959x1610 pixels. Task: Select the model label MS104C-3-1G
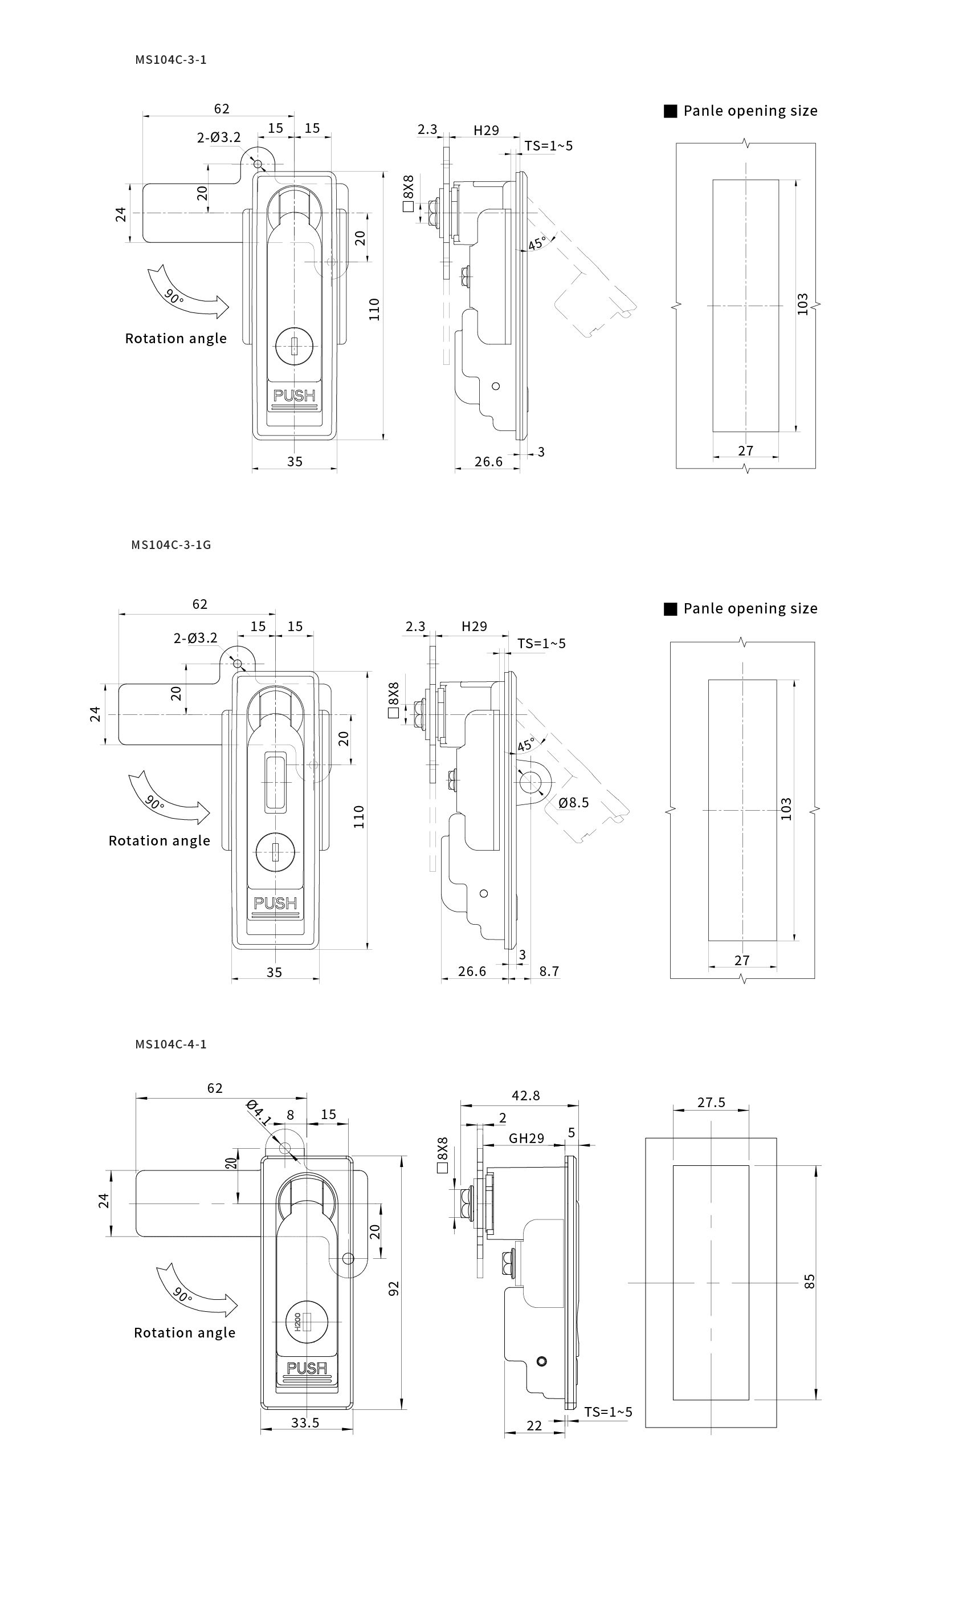[172, 544]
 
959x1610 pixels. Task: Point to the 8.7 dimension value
[549, 971]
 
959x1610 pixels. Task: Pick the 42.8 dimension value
[525, 1095]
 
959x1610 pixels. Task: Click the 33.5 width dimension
[305, 1422]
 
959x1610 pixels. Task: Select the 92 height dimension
[394, 1288]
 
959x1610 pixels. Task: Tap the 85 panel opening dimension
[810, 1282]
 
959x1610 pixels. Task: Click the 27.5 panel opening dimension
[711, 1103]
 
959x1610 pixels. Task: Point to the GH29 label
[526, 1138]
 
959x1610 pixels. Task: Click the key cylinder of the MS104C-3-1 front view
[294, 346]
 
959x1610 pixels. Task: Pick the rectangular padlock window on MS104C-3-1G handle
[275, 782]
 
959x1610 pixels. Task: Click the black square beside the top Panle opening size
[671, 111]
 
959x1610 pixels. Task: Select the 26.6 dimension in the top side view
[488, 462]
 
